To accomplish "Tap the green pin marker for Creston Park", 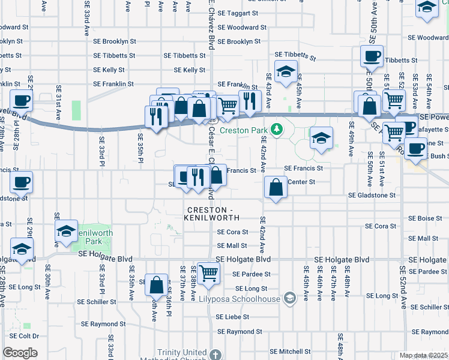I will click(x=277, y=128).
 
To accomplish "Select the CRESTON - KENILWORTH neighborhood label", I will click(x=213, y=214).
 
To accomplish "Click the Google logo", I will click(x=20, y=353).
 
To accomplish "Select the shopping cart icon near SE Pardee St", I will click(x=208, y=272).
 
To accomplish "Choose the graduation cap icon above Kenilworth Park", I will click(x=66, y=230).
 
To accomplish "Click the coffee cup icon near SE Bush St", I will click(x=415, y=148).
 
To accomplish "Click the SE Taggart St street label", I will click(x=238, y=13).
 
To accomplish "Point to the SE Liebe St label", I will click(x=232, y=317).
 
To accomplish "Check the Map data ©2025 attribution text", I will click(x=423, y=355).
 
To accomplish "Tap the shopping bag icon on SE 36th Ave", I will click(x=156, y=286).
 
